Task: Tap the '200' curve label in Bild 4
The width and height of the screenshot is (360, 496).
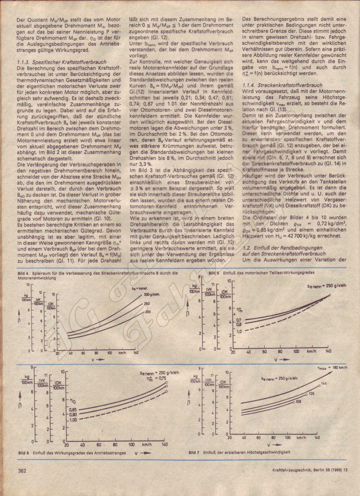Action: tap(147, 311)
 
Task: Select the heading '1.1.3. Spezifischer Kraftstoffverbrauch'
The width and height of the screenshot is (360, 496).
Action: tap(62, 62)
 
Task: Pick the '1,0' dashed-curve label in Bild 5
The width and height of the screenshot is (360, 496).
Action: tap(239, 331)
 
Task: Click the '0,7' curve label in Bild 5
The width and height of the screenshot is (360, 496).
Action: tap(239, 320)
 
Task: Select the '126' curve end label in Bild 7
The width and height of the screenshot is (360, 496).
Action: tap(311, 394)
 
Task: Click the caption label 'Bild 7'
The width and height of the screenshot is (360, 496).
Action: tap(194, 452)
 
